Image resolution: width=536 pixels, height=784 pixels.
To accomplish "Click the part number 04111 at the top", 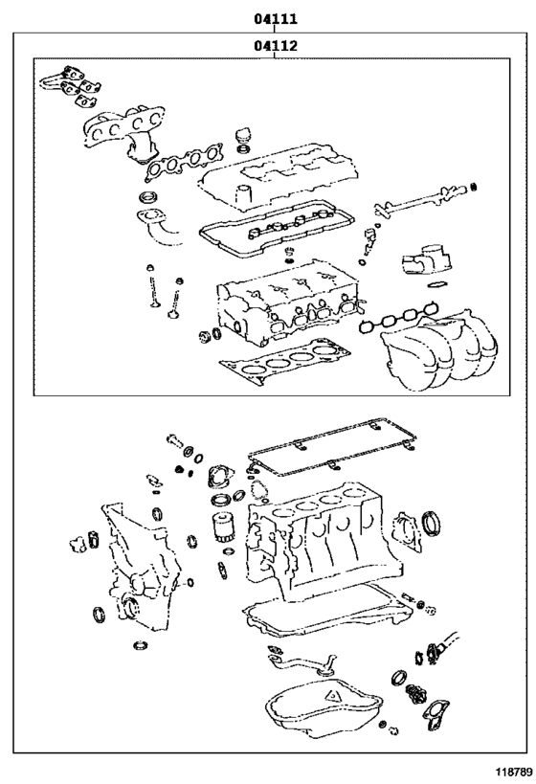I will tap(275, 18).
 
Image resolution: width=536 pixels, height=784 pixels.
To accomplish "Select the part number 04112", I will tap(275, 45).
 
